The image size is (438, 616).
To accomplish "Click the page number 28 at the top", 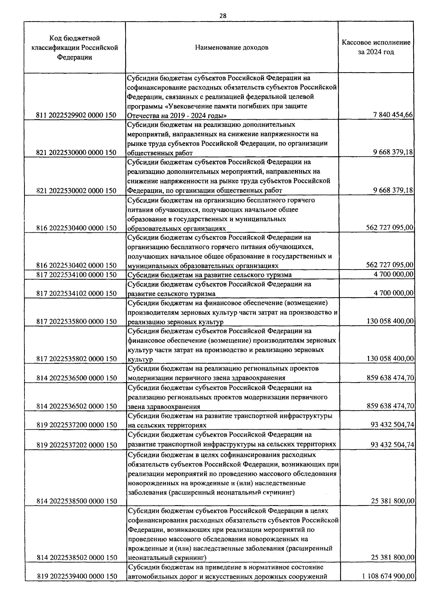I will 223,16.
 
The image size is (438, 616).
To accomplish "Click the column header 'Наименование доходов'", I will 232,47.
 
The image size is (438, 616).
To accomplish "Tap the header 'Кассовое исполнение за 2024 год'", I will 376,47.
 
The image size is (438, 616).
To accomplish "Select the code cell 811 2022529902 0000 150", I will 76,115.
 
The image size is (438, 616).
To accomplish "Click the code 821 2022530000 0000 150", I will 76,153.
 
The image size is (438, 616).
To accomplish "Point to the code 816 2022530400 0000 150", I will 76,228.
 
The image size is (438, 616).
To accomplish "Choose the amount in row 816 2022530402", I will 389,265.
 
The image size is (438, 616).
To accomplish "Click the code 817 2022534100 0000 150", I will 76,275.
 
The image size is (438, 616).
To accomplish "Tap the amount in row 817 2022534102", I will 393,293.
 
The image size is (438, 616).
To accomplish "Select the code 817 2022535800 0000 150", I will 76,321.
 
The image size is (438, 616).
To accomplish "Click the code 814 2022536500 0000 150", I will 76,378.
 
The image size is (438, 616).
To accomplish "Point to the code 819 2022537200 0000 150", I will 76,425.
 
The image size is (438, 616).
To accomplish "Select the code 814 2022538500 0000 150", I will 76,501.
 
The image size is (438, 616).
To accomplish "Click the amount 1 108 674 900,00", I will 388,576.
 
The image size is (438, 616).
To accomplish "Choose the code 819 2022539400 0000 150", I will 76,576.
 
